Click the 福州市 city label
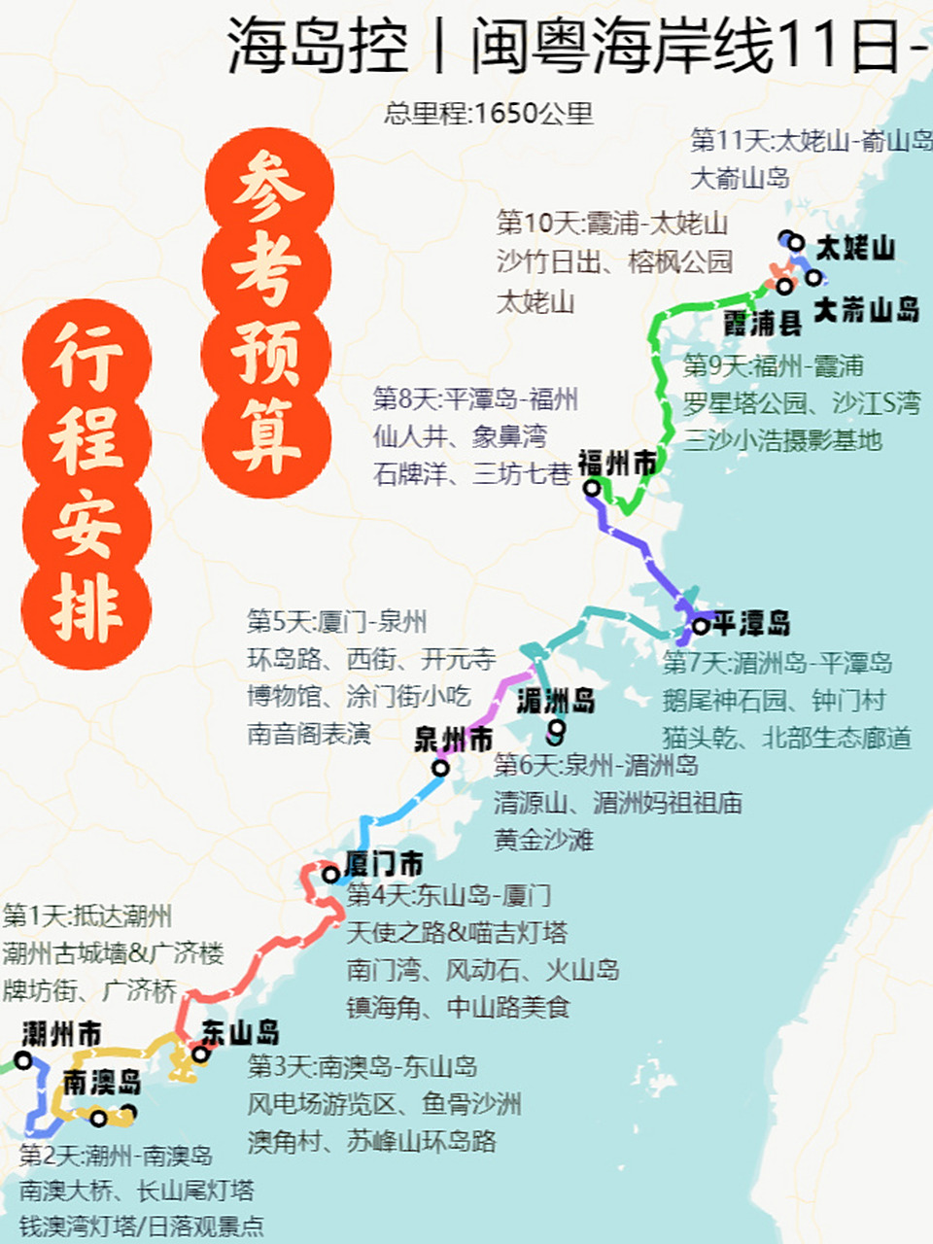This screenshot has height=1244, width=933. (617, 464)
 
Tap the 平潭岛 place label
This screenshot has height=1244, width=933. (750, 623)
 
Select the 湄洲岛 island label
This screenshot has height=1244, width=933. (555, 700)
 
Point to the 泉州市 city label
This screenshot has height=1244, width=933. (453, 740)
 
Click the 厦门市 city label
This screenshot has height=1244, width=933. (384, 863)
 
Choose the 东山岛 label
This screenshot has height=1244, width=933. (241, 1033)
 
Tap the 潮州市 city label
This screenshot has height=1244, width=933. (61, 1034)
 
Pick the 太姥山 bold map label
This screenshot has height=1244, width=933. (855, 248)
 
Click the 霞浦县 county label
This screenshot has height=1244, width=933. (762, 324)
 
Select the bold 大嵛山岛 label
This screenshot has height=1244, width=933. (866, 310)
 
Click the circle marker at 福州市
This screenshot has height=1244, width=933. (591, 488)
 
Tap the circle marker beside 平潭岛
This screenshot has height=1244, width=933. (700, 627)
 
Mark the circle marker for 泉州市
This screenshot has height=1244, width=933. (440, 768)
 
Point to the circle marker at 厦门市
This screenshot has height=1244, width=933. (330, 875)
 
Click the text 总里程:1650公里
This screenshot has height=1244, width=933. (488, 114)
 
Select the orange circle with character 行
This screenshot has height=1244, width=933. (86, 360)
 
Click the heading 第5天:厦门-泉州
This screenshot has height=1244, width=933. (336, 622)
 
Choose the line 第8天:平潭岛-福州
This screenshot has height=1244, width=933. (475, 398)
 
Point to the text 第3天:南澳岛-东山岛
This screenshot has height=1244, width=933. (362, 1066)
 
